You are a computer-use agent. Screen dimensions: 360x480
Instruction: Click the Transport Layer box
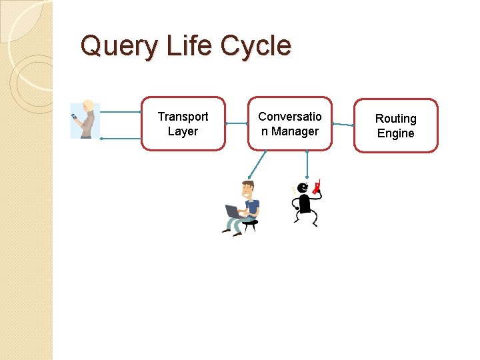click(x=183, y=123)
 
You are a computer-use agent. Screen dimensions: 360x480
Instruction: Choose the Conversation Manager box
click(x=290, y=123)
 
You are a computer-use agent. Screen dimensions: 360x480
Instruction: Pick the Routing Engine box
click(x=395, y=125)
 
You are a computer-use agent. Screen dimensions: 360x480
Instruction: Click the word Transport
click(x=183, y=117)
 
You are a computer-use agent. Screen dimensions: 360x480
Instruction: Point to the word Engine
click(x=395, y=133)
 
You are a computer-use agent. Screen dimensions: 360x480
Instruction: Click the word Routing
click(x=395, y=119)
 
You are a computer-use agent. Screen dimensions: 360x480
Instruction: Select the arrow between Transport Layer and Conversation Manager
click(x=237, y=123)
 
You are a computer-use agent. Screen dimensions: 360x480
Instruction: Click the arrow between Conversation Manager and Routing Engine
click(x=343, y=125)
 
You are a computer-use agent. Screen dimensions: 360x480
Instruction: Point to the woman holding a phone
click(x=85, y=120)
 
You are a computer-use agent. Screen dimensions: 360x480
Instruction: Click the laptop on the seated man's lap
click(x=234, y=212)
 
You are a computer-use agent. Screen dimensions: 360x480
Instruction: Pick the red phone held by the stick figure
click(x=317, y=186)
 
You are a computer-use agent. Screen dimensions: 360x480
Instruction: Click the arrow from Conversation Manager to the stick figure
click(x=307, y=163)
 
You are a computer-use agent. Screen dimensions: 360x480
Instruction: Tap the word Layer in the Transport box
click(x=183, y=131)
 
